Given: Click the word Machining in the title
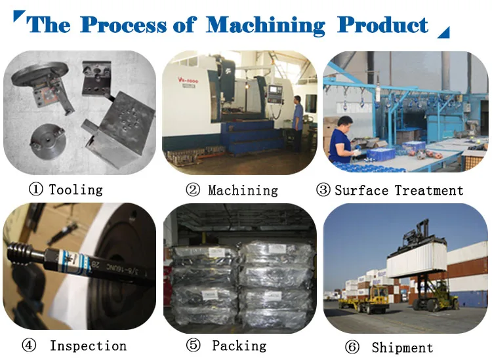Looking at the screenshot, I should click(265, 26).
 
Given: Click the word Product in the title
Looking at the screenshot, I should click(382, 25).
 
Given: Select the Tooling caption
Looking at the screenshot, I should click(75, 190).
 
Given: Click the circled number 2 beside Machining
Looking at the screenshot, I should click(192, 191).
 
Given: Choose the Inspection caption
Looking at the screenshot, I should click(88, 346).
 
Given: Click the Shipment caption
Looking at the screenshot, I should click(402, 348).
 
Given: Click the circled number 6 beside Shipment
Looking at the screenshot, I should click(352, 348).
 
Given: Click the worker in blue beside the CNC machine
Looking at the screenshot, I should click(298, 121).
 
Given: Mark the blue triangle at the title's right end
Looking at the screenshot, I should click(443, 31).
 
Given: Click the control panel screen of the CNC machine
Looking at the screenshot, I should click(274, 88).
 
